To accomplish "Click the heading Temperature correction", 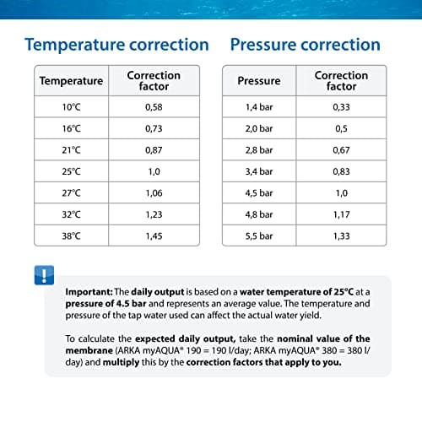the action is coord(117,45).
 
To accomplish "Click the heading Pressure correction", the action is coord(306,45).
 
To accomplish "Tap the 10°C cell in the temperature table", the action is coord(72,107).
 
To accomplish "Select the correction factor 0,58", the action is coord(154,107).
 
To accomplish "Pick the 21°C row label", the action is coord(72,150).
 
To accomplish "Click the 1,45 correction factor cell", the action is coord(154,236).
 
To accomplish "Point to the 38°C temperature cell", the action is coord(72,236).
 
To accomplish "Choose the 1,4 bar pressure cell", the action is coord(259,107).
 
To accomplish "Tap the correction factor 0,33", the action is coord(341,107).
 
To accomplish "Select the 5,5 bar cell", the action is coord(259,236).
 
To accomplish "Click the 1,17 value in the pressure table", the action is coord(342,214).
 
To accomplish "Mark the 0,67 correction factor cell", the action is coord(341,150).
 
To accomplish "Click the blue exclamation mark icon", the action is coord(44,275).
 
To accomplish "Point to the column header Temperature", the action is coord(72,81).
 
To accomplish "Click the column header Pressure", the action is coord(259,81).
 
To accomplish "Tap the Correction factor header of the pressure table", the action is coord(341,81).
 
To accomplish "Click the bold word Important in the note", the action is coord(89,292).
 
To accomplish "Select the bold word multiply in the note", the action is coord(121,362).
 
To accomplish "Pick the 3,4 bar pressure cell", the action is coord(259,171).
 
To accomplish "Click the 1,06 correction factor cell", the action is coord(154,193).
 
